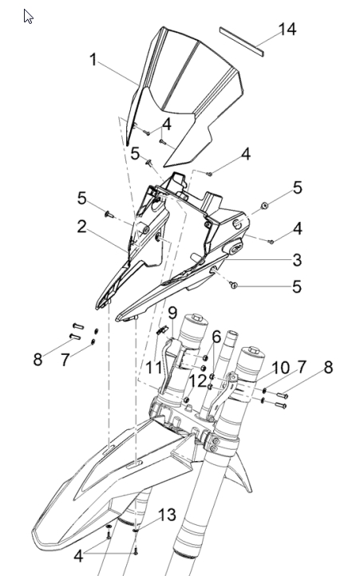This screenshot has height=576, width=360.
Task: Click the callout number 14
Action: pos(287,29)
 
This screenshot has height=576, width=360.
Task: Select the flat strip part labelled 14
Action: pos(242,41)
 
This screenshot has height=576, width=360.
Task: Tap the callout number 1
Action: pos(93,60)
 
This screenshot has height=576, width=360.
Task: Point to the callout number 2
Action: pos(82,227)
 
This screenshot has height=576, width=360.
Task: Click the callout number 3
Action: pos(297,260)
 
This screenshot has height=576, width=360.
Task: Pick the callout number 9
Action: pos(173,313)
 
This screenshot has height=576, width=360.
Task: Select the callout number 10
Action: pos(280,368)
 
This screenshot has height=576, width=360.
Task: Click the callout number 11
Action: pos(153,367)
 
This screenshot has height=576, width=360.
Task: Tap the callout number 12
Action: pos(197,381)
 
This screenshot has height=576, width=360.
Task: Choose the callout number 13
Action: pos(168,515)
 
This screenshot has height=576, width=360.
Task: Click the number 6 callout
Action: pos(216,337)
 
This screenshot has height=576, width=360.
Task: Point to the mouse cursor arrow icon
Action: pos(28,17)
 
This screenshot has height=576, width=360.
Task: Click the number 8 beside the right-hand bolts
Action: pos(328,367)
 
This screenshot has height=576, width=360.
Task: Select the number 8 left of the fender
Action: pos(38,359)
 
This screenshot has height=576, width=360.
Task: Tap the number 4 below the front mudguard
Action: pos(78,556)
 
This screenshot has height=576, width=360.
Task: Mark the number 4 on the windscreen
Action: pos(167,124)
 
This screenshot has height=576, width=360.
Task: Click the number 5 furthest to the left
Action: pos(82,199)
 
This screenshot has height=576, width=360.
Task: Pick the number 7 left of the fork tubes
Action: pos(65,360)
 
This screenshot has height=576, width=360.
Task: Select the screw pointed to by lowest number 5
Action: pos(233,284)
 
